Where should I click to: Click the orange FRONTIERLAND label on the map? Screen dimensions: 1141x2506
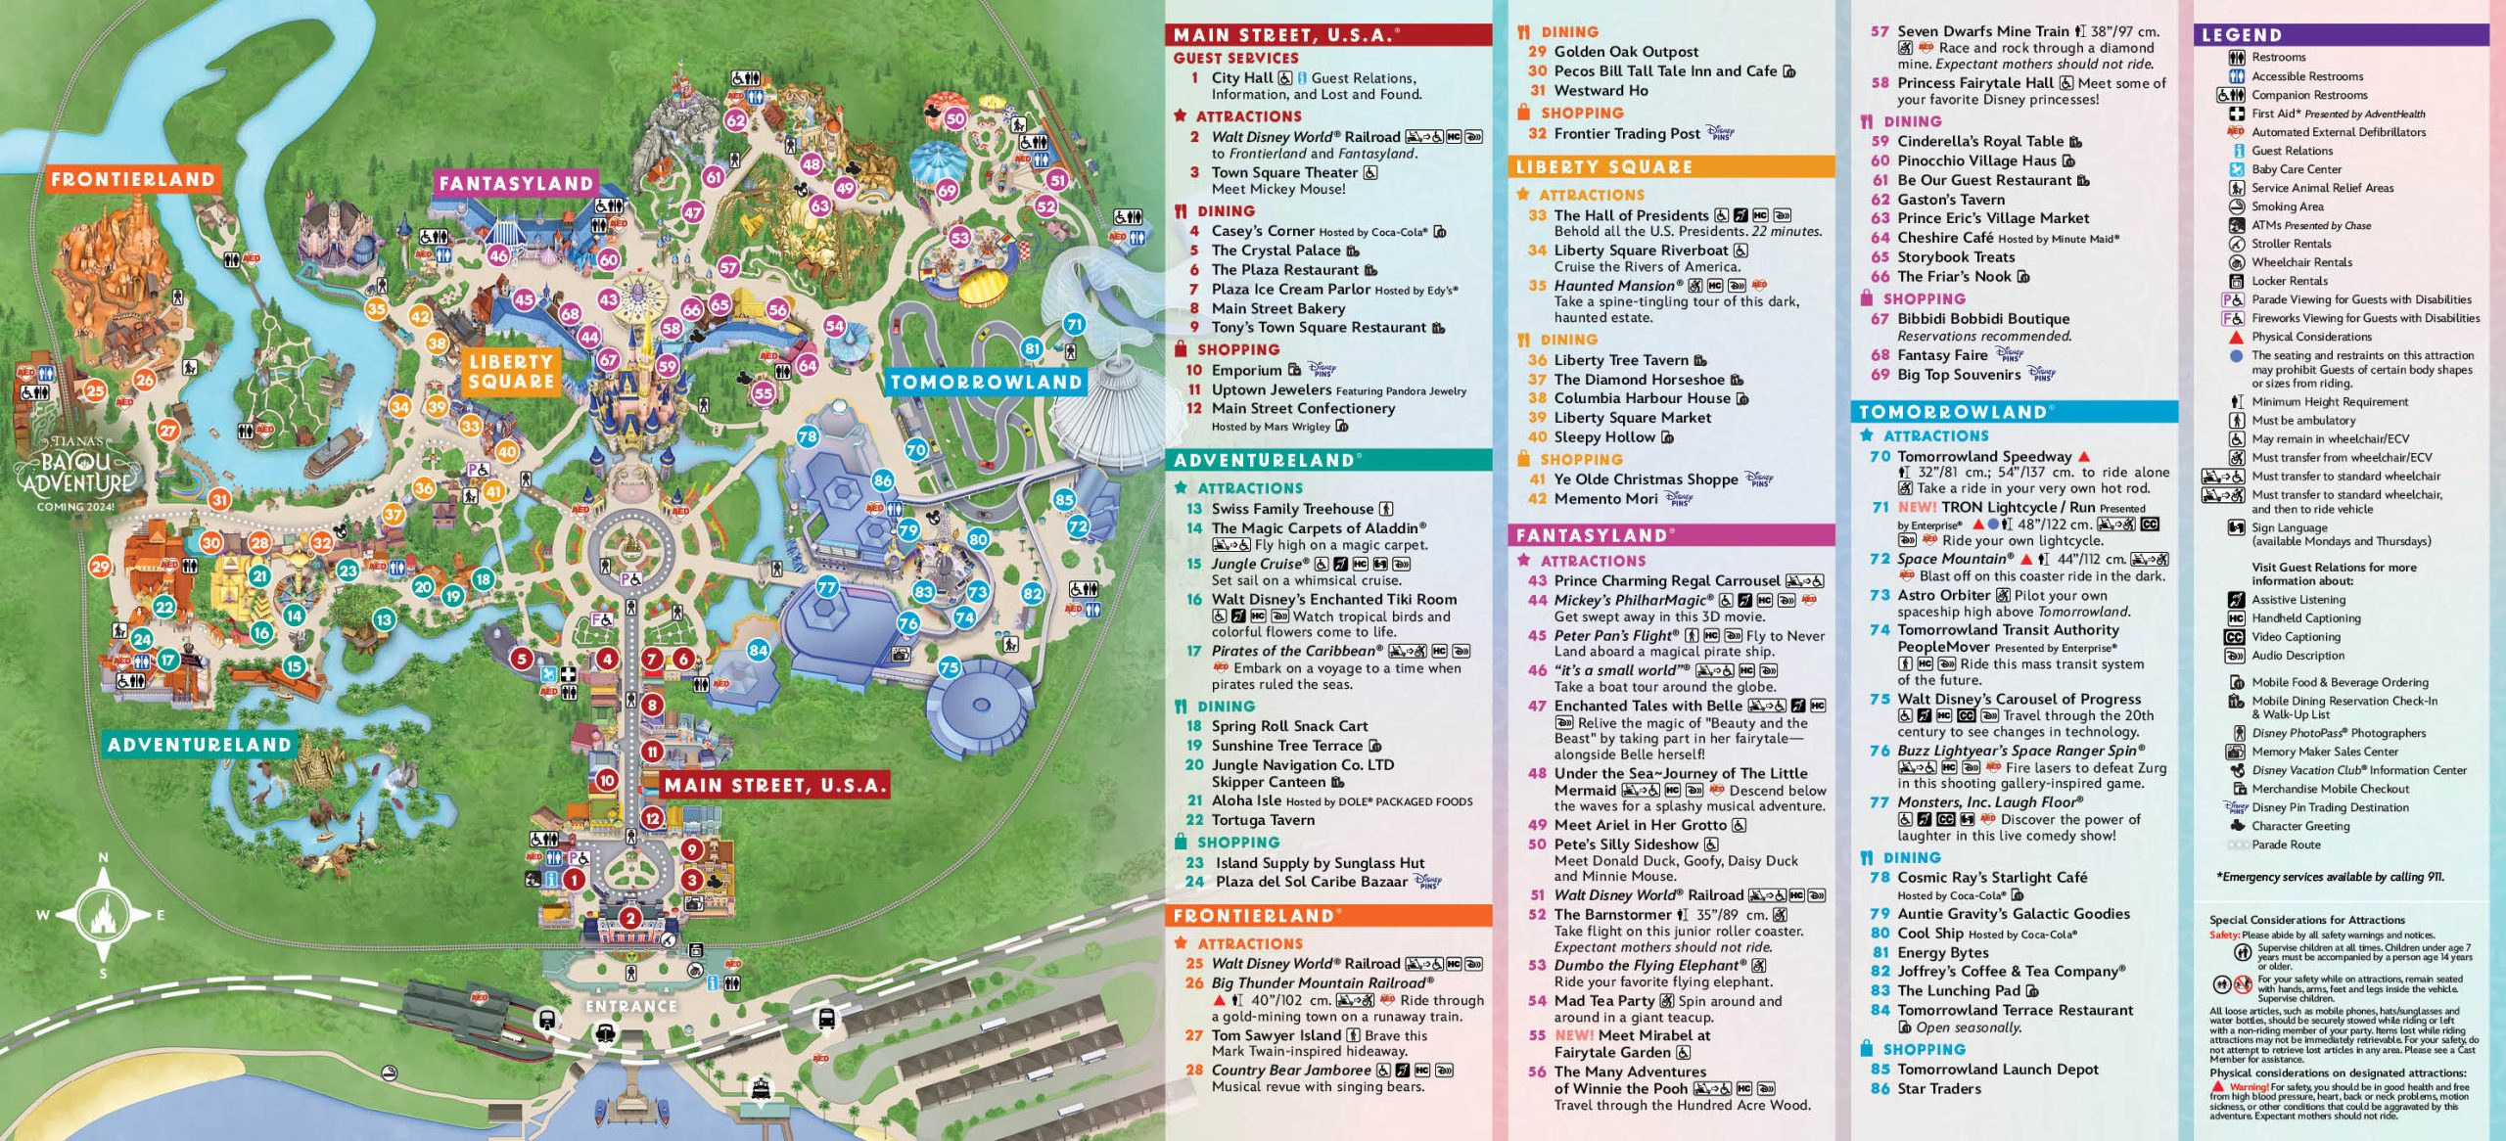[132, 179]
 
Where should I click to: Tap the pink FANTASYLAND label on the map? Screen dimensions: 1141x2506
[516, 183]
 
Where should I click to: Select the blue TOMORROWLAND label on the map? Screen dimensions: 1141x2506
[985, 382]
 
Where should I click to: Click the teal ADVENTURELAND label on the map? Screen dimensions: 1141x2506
[200, 745]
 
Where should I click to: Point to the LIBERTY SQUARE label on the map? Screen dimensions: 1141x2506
[511, 372]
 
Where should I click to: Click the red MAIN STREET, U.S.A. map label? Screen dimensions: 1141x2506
[774, 785]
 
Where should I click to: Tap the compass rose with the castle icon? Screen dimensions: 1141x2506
[103, 916]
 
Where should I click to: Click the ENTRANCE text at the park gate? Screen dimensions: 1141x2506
[630, 1006]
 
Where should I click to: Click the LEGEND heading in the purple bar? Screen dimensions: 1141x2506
[2241, 35]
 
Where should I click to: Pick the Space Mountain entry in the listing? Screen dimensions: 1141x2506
[1955, 559]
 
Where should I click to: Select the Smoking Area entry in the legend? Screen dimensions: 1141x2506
[2287, 206]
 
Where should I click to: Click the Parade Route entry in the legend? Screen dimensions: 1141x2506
[2285, 844]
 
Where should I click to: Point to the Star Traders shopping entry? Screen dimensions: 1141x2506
[1938, 1088]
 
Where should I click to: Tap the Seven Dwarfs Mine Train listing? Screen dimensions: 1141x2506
[1982, 31]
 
